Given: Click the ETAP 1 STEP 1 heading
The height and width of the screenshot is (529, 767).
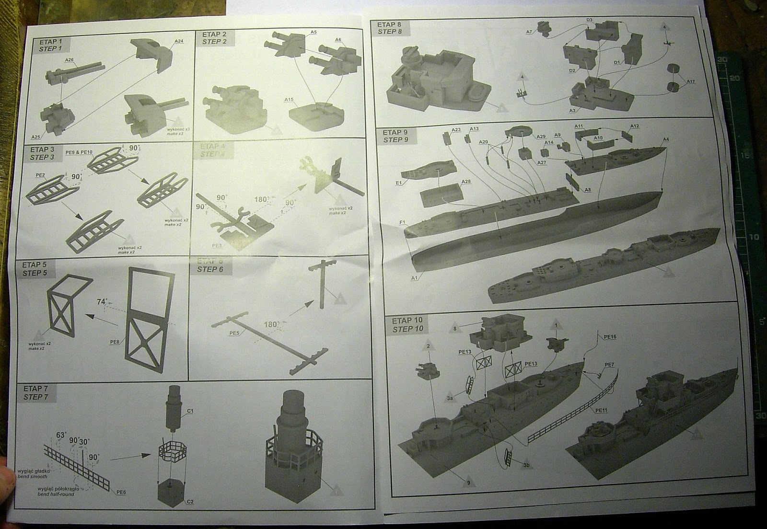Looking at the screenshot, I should pyautogui.click(x=51, y=44).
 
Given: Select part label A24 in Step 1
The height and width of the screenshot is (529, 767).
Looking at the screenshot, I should pyautogui.click(x=178, y=41).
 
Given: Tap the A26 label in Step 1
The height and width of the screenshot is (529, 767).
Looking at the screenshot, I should pyautogui.click(x=69, y=60).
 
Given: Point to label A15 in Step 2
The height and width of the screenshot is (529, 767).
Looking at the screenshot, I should pyautogui.click(x=289, y=100).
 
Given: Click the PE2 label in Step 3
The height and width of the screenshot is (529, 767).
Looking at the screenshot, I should pyautogui.click(x=40, y=175).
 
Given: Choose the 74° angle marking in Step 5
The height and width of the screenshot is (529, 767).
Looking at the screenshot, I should pyautogui.click(x=101, y=302).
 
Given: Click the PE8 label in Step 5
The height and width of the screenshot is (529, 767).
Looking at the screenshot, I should pyautogui.click(x=115, y=342).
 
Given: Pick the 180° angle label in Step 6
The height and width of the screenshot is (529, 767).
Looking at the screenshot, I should pyautogui.click(x=271, y=324).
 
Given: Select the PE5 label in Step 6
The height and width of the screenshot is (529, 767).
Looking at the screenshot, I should pyautogui.click(x=234, y=333).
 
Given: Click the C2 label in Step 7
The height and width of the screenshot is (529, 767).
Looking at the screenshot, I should pyautogui.click(x=190, y=502).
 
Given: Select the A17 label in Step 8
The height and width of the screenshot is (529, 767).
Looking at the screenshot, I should pyautogui.click(x=690, y=81).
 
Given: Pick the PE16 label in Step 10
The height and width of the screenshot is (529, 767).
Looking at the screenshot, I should pyautogui.click(x=610, y=337).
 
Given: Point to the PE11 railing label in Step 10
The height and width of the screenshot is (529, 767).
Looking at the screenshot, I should pyautogui.click(x=602, y=410).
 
